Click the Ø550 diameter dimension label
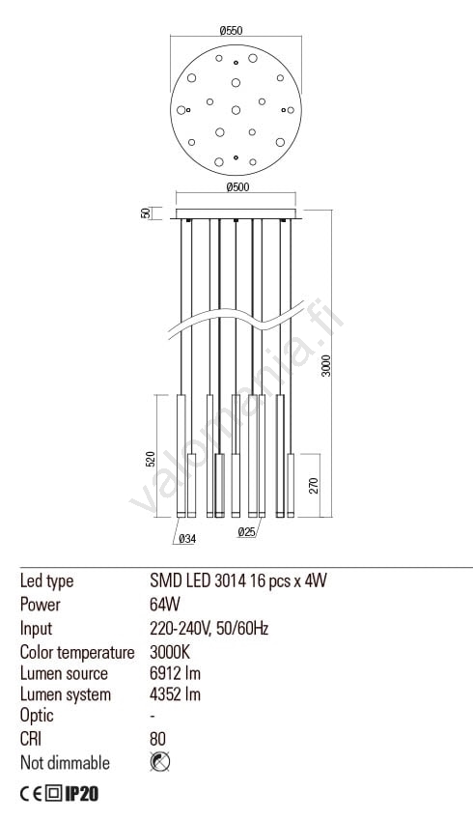point(231,30)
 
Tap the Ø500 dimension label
point(237,187)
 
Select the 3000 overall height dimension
point(326,365)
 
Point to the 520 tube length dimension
point(151,459)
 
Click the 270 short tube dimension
point(314,486)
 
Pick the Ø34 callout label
point(187,538)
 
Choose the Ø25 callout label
point(246,532)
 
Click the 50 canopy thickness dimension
point(146,213)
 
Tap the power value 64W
point(165,605)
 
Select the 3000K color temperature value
point(170,652)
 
